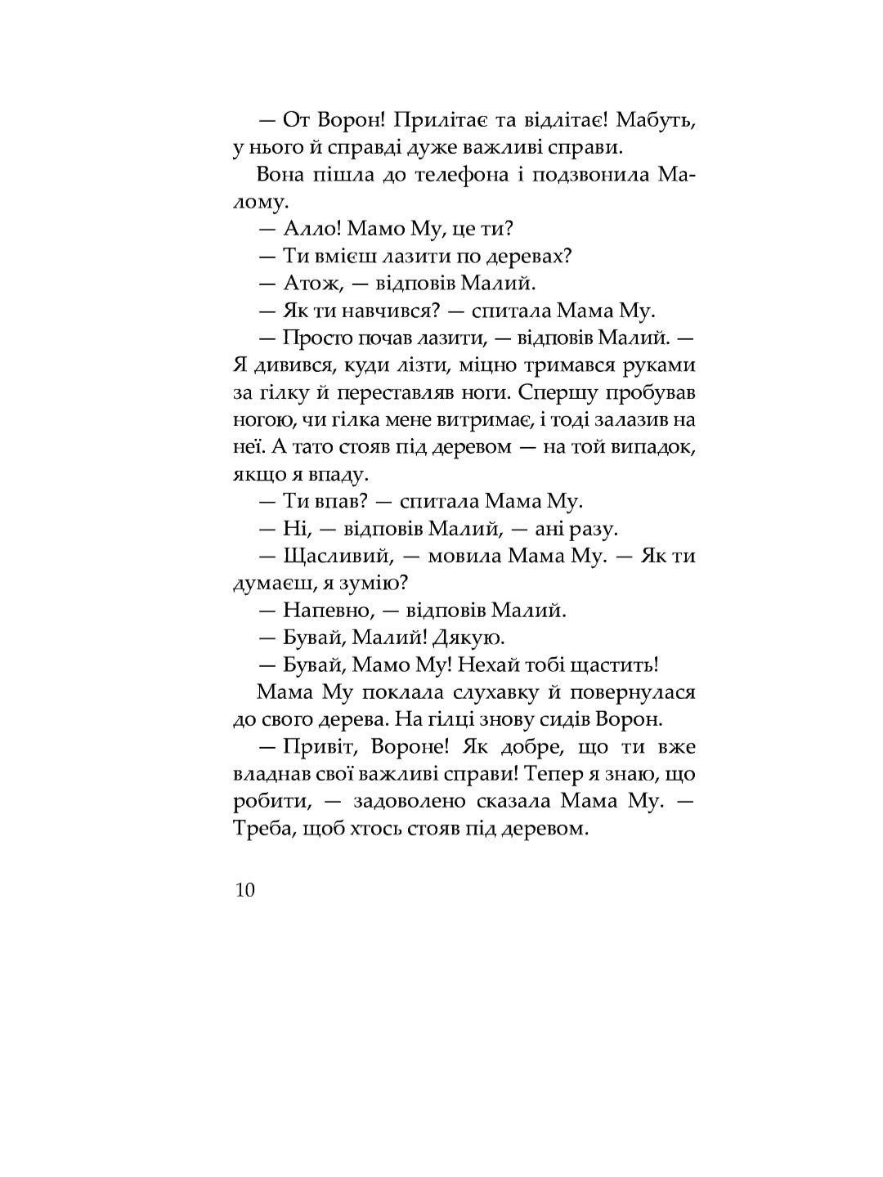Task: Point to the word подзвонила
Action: [589, 175]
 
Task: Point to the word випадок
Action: [654, 447]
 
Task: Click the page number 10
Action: [245, 890]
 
